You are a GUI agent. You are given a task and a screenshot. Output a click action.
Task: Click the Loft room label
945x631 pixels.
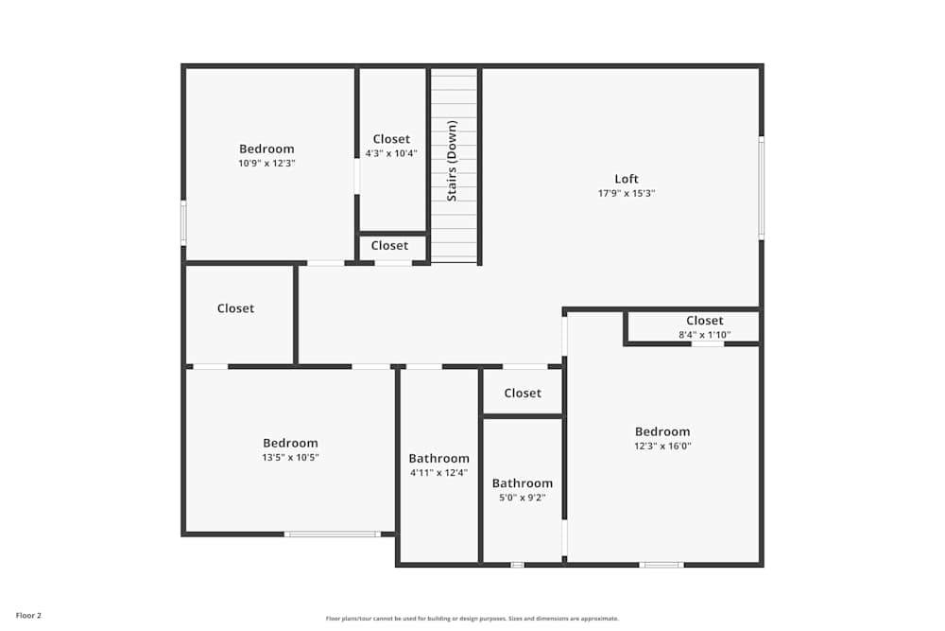pos(627,179)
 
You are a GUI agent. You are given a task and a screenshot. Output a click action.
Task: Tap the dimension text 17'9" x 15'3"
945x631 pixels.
pos(627,193)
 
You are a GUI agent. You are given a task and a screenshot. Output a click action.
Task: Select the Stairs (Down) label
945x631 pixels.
pos(453,160)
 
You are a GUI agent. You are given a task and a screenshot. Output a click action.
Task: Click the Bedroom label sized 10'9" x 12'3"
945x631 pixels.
pos(266,149)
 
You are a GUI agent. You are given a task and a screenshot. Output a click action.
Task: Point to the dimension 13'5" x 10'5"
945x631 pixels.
pos(290,457)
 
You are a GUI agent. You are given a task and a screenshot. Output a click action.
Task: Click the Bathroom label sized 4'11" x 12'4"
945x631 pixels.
pos(438,459)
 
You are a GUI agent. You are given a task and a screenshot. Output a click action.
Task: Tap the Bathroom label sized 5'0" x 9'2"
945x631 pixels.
pos(522,482)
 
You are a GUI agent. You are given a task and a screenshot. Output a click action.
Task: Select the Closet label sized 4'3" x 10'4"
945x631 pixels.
pos(391,139)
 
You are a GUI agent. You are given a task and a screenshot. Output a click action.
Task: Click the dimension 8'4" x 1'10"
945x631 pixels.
pos(705,334)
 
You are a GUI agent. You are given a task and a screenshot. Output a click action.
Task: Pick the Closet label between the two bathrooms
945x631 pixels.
pos(523,393)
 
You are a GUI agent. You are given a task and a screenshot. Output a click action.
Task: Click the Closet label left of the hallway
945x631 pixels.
pos(235,308)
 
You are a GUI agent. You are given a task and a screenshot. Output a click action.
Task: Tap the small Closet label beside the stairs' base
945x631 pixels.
pos(389,245)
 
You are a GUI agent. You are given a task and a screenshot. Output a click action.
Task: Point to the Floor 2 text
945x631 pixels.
pos(28,615)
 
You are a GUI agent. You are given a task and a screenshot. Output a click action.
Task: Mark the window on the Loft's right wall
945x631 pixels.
pos(761,187)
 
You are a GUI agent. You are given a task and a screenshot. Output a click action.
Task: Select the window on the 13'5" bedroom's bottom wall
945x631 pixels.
pos(333,535)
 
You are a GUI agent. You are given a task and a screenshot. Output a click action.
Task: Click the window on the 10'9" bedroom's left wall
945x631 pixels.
pos(183,222)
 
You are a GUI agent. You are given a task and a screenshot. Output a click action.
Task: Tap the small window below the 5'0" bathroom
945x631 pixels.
pos(517,565)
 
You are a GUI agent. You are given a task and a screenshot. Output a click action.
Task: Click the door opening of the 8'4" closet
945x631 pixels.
pos(708,343)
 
